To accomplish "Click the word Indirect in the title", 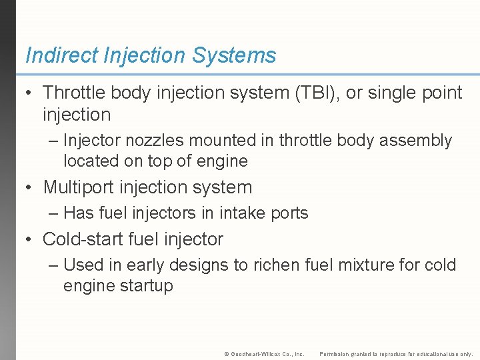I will (61, 55).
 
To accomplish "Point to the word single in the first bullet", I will (395, 93).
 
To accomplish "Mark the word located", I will (89, 161).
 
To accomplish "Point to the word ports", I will (288, 213).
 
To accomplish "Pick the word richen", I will (276, 265).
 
